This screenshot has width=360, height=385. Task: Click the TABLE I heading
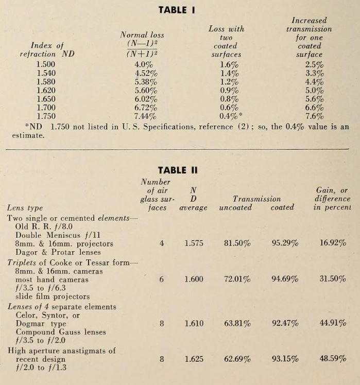click(x=180, y=10)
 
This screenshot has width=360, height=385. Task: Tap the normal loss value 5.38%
click(x=146, y=82)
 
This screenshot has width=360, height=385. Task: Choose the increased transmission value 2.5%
click(x=314, y=65)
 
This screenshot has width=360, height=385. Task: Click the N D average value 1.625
click(x=194, y=359)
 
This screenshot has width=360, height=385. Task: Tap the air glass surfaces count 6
click(x=162, y=279)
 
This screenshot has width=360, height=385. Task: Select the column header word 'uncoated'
click(x=235, y=207)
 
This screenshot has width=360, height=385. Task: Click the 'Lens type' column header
click(x=25, y=208)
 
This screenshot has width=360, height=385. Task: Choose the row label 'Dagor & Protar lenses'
click(x=54, y=252)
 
